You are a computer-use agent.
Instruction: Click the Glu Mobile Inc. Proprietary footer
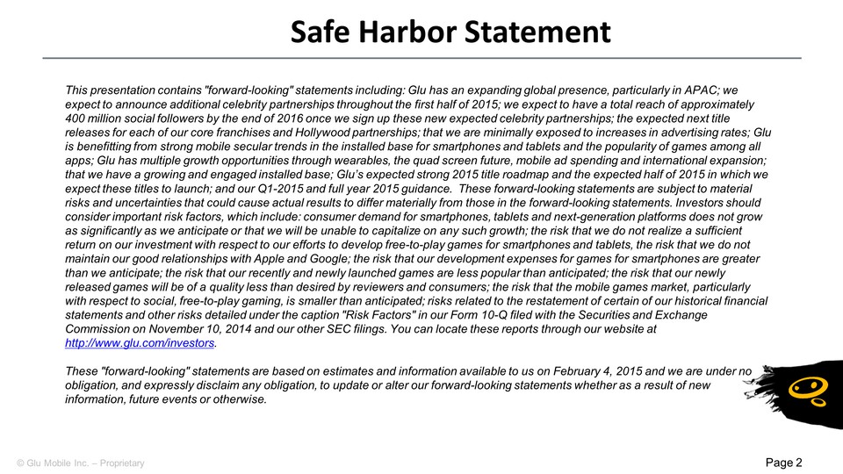click(77, 462)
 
